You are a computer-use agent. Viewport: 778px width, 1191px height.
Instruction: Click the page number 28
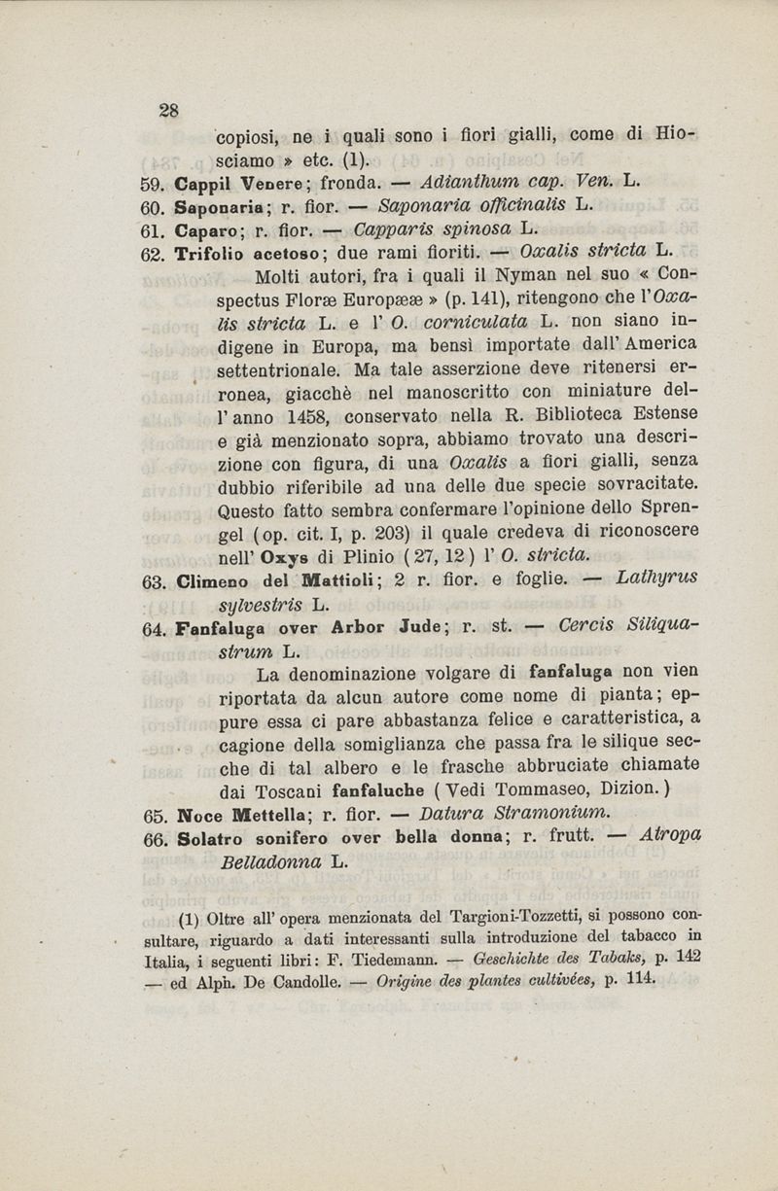(x=168, y=110)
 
